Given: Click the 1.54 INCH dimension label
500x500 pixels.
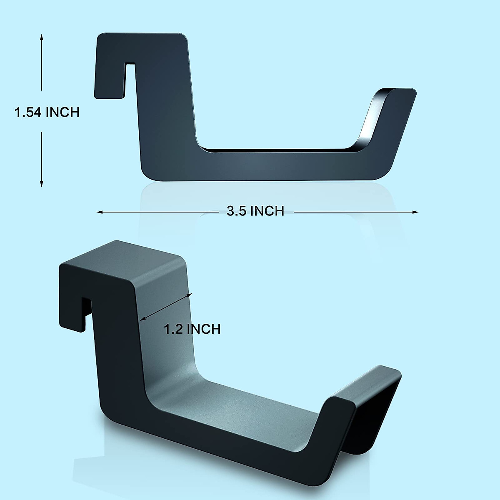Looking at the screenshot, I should (x=47, y=112).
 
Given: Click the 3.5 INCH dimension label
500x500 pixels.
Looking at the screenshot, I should (x=255, y=211).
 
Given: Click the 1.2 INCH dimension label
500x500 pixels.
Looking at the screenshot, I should (x=192, y=329).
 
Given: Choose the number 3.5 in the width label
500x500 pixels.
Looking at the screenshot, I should (x=236, y=211).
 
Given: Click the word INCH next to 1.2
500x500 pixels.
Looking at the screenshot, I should (x=203, y=329).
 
